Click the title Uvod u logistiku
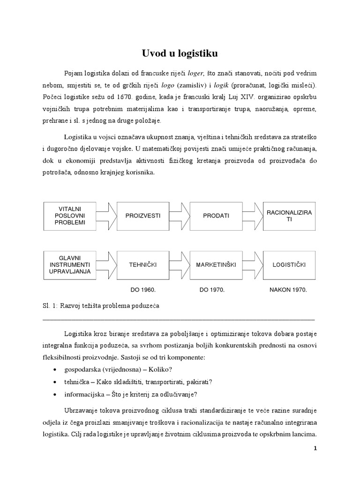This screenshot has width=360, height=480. pos(180,53)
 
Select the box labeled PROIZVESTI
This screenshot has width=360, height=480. pos(143,216)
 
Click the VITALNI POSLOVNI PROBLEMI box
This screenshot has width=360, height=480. pos(70,216)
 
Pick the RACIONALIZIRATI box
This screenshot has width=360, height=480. pos(289,216)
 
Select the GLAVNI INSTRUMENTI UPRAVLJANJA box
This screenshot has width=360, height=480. pos(70,265)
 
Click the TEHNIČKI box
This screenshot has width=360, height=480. pos(143,265)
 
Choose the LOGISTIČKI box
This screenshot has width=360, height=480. pos(289,265)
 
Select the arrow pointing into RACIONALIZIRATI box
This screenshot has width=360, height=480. pos(253,216)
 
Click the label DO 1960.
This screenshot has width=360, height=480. pos(142,290)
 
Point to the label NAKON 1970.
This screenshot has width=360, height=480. pos(288,290)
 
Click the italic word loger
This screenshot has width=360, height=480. pos(196,74)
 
